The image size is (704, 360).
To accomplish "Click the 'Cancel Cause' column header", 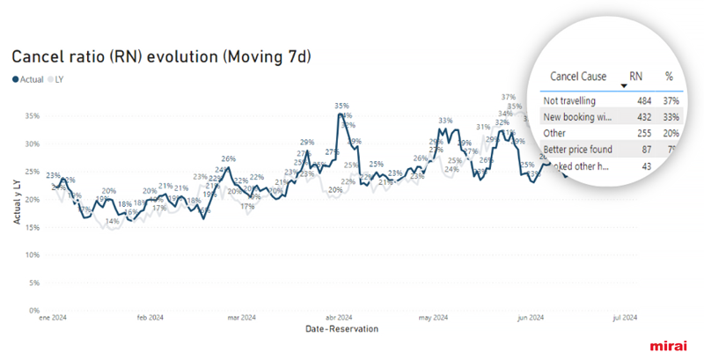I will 576,77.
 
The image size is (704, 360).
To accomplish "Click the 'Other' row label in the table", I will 555,133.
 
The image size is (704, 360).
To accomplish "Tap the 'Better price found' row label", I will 578,150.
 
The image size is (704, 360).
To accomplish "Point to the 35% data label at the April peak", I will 341,106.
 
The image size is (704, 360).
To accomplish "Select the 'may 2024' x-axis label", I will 433,318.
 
